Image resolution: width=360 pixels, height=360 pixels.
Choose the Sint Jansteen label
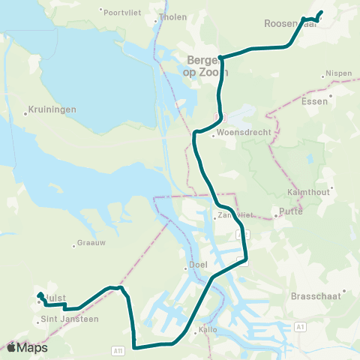point(68,319)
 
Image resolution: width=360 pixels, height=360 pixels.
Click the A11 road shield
point(118,349)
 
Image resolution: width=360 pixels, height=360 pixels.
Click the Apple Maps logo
point(26,348)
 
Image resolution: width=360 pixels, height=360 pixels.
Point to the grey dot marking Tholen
point(156,21)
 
